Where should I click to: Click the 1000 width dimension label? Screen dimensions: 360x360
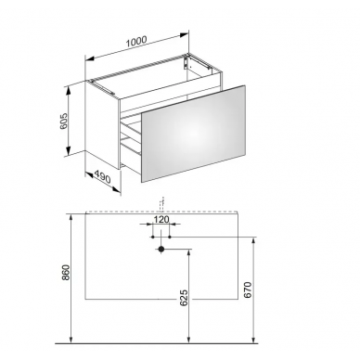click(135, 42)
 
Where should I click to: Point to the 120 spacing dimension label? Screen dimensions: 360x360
click(161, 220)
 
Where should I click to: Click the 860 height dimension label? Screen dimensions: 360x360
click(67, 273)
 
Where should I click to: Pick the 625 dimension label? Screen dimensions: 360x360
click(184, 298)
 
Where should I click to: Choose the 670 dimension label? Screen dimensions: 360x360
click(249, 289)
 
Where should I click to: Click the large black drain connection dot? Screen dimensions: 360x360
click(161, 249)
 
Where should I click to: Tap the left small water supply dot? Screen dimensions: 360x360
click(153, 237)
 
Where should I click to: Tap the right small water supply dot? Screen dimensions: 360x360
click(170, 237)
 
